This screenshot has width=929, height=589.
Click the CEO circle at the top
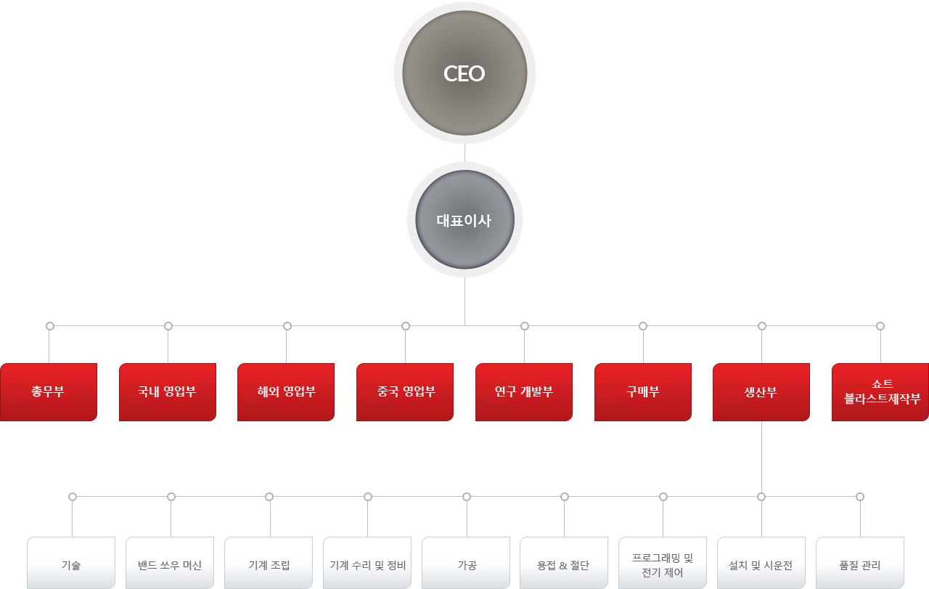click(464, 73)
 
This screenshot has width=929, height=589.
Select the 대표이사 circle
click(464, 219)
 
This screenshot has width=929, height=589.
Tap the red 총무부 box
click(49, 392)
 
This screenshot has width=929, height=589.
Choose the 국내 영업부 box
click(168, 392)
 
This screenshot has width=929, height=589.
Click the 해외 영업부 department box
click(286, 392)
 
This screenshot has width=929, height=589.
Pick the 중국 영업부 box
click(405, 392)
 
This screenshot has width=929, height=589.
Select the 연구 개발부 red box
click(524, 392)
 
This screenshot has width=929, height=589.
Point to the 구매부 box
click(643, 392)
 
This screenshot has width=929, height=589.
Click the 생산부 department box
click(761, 392)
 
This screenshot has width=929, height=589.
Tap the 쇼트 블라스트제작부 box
click(880, 392)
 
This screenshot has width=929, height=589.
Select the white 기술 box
click(71, 563)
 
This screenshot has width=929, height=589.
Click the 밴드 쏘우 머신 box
click(170, 563)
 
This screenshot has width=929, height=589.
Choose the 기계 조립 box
click(269, 563)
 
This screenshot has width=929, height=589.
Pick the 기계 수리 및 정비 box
click(367, 563)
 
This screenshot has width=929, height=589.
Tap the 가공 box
click(466, 563)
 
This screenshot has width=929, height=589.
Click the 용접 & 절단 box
click(564, 563)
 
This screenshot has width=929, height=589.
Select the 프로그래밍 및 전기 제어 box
click(663, 563)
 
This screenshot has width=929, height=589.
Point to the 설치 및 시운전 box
click(761, 563)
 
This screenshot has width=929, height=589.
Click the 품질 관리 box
click(860, 563)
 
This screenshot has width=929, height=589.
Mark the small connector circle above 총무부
click(50, 326)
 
